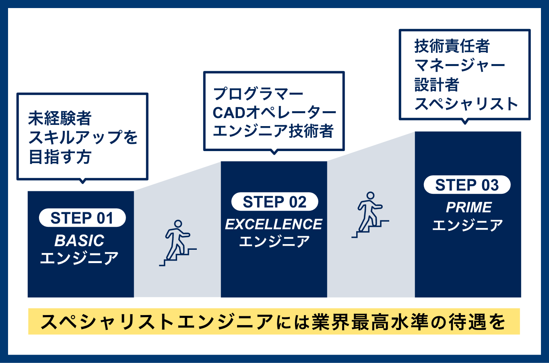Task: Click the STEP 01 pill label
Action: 82,218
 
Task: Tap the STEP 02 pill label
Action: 274,201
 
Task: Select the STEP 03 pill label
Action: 467,185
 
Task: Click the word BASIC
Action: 79,241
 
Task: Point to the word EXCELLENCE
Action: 274,224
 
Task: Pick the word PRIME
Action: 469,207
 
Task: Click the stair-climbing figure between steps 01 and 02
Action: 178,243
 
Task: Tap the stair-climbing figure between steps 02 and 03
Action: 370,215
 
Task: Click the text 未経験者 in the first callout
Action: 60,118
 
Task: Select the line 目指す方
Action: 60,157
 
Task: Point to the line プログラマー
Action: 258,94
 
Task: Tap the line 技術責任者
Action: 452,46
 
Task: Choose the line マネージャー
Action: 460,65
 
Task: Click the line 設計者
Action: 437,85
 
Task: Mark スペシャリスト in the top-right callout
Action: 466,104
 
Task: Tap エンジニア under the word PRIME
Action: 468,225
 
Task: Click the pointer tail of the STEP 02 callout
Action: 274,152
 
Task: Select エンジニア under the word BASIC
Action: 79,258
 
